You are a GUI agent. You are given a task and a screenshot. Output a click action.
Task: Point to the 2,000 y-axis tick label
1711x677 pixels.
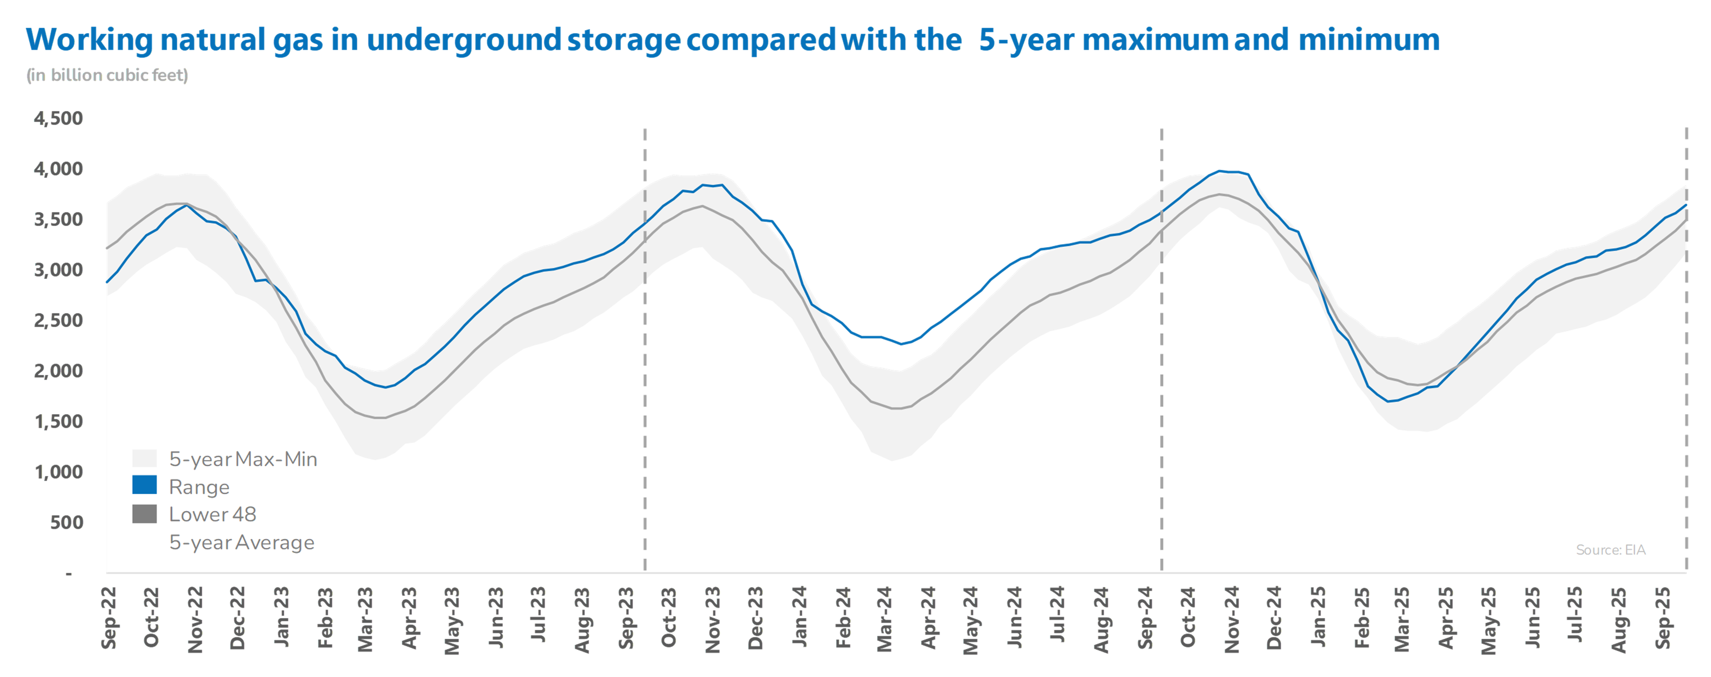(58, 371)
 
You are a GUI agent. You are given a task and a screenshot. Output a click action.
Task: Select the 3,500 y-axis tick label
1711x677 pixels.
(58, 219)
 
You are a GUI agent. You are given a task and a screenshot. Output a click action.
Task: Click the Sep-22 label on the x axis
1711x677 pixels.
(108, 618)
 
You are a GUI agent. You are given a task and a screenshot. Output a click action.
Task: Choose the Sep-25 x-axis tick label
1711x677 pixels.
(1662, 618)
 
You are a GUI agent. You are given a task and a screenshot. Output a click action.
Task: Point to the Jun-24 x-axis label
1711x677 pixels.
(1014, 617)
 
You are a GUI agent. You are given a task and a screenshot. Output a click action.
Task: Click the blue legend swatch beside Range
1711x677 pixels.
(144, 485)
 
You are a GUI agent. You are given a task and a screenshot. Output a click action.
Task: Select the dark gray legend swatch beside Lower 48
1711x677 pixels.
(144, 513)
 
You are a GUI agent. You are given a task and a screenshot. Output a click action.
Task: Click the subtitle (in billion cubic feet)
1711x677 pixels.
(107, 75)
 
